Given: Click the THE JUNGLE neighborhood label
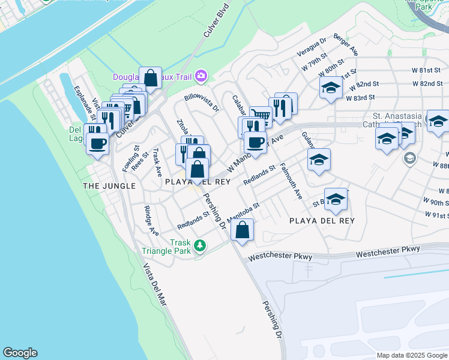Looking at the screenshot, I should (109, 186).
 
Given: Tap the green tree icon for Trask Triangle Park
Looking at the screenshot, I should (200, 245).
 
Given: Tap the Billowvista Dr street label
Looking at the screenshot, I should (202, 103).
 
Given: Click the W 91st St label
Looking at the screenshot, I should (436, 215).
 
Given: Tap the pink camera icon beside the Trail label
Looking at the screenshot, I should (200, 76).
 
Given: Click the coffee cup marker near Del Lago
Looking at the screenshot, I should (97, 144).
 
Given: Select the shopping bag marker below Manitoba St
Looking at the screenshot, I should (242, 230).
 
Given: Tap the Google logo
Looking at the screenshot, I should (20, 353).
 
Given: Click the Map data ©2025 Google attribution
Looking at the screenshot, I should (412, 355).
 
